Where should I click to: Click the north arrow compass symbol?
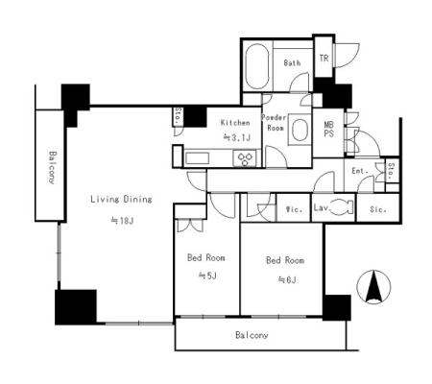(x=373, y=287)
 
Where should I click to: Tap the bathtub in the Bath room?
(x=257, y=66)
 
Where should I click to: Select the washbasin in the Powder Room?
(x=300, y=130)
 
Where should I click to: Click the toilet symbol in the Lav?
(x=341, y=207)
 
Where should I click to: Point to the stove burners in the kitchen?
(x=245, y=158)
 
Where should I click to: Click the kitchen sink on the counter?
(x=197, y=158)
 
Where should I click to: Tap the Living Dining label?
(x=121, y=200)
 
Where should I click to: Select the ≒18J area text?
(x=122, y=221)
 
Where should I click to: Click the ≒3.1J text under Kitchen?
(x=236, y=137)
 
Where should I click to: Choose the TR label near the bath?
(x=324, y=59)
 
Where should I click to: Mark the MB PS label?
(x=328, y=129)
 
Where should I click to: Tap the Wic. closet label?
(x=294, y=209)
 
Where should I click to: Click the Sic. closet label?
(x=378, y=209)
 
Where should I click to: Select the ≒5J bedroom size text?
(x=207, y=275)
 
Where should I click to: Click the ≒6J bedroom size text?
(x=287, y=279)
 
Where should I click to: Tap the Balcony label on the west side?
(x=52, y=167)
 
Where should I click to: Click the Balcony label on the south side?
(x=252, y=335)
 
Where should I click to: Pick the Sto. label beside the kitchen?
(x=178, y=116)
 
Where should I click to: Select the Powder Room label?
(x=274, y=123)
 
